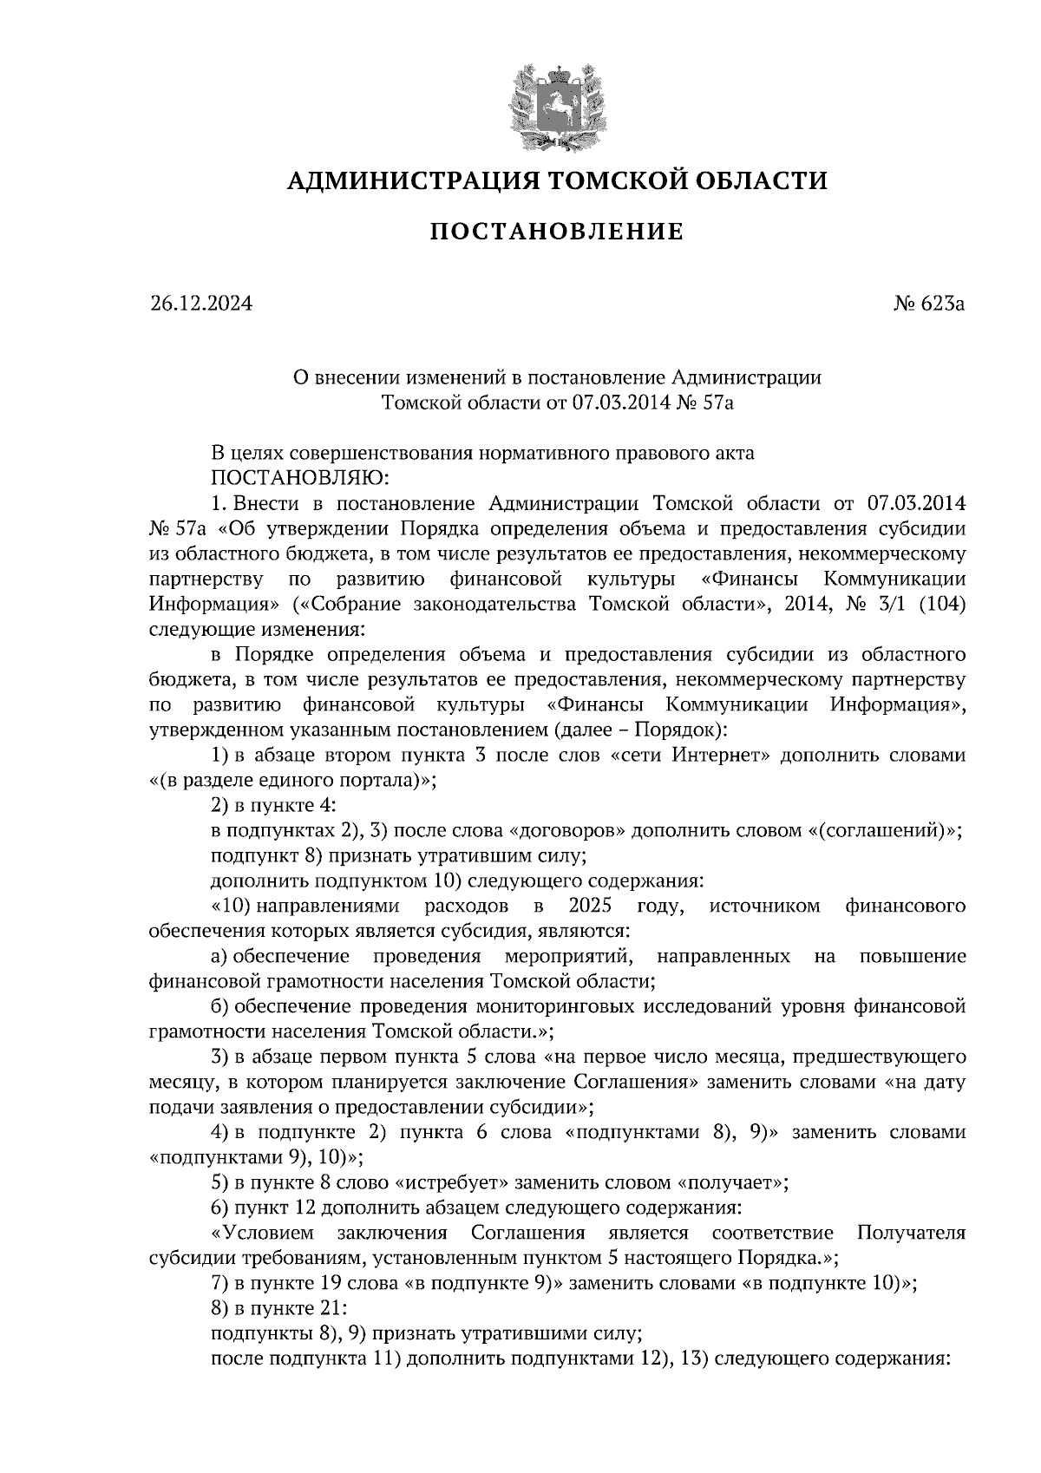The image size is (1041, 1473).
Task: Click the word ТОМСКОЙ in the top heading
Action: click(599, 180)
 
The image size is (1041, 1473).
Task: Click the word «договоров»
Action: click(570, 830)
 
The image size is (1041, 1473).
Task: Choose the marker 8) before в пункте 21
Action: click(220, 1308)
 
